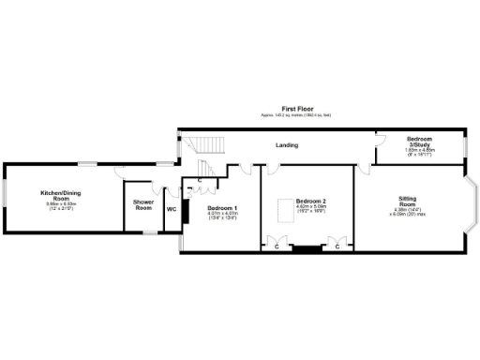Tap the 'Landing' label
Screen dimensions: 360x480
click(x=287, y=145)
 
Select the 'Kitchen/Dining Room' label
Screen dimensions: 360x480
click(x=56, y=196)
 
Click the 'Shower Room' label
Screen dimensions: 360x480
click(x=142, y=205)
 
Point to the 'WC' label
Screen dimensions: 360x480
click(x=172, y=209)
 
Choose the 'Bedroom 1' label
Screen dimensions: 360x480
click(x=222, y=207)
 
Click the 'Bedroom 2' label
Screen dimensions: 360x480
click(x=310, y=202)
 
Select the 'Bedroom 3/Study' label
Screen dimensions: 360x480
click(x=419, y=142)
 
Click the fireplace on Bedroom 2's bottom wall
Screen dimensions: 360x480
click(x=304, y=248)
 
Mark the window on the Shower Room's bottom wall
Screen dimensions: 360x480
click(x=144, y=232)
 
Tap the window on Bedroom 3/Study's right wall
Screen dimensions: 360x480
click(x=464, y=145)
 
